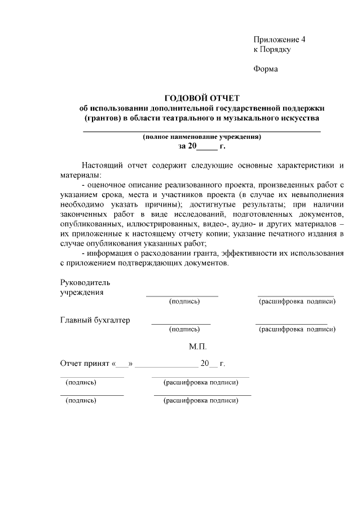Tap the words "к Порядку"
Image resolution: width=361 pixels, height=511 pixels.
point(272,50)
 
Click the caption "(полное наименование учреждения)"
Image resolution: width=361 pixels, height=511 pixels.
point(202,137)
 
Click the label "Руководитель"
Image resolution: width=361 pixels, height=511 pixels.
point(85,282)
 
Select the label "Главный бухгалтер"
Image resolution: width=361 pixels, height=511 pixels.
point(95,320)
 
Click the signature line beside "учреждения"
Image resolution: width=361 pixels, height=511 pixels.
point(182,295)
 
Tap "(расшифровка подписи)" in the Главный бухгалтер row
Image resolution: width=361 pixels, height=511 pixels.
point(297,329)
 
